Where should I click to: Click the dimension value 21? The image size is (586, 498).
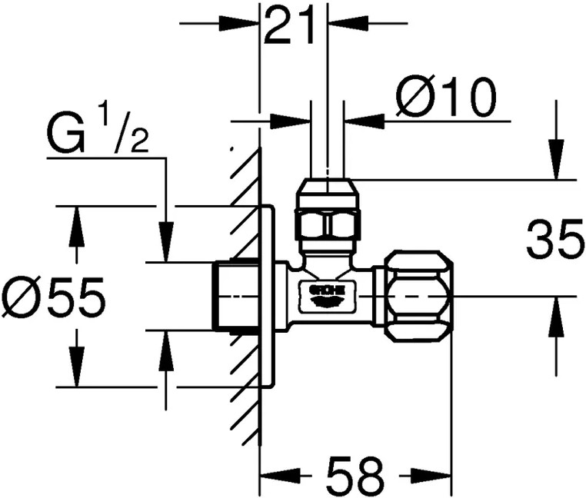(290, 27)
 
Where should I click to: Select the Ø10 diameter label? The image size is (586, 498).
(446, 98)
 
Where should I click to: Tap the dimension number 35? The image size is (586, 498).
(554, 241)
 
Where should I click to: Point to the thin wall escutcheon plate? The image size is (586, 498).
(267, 296)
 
